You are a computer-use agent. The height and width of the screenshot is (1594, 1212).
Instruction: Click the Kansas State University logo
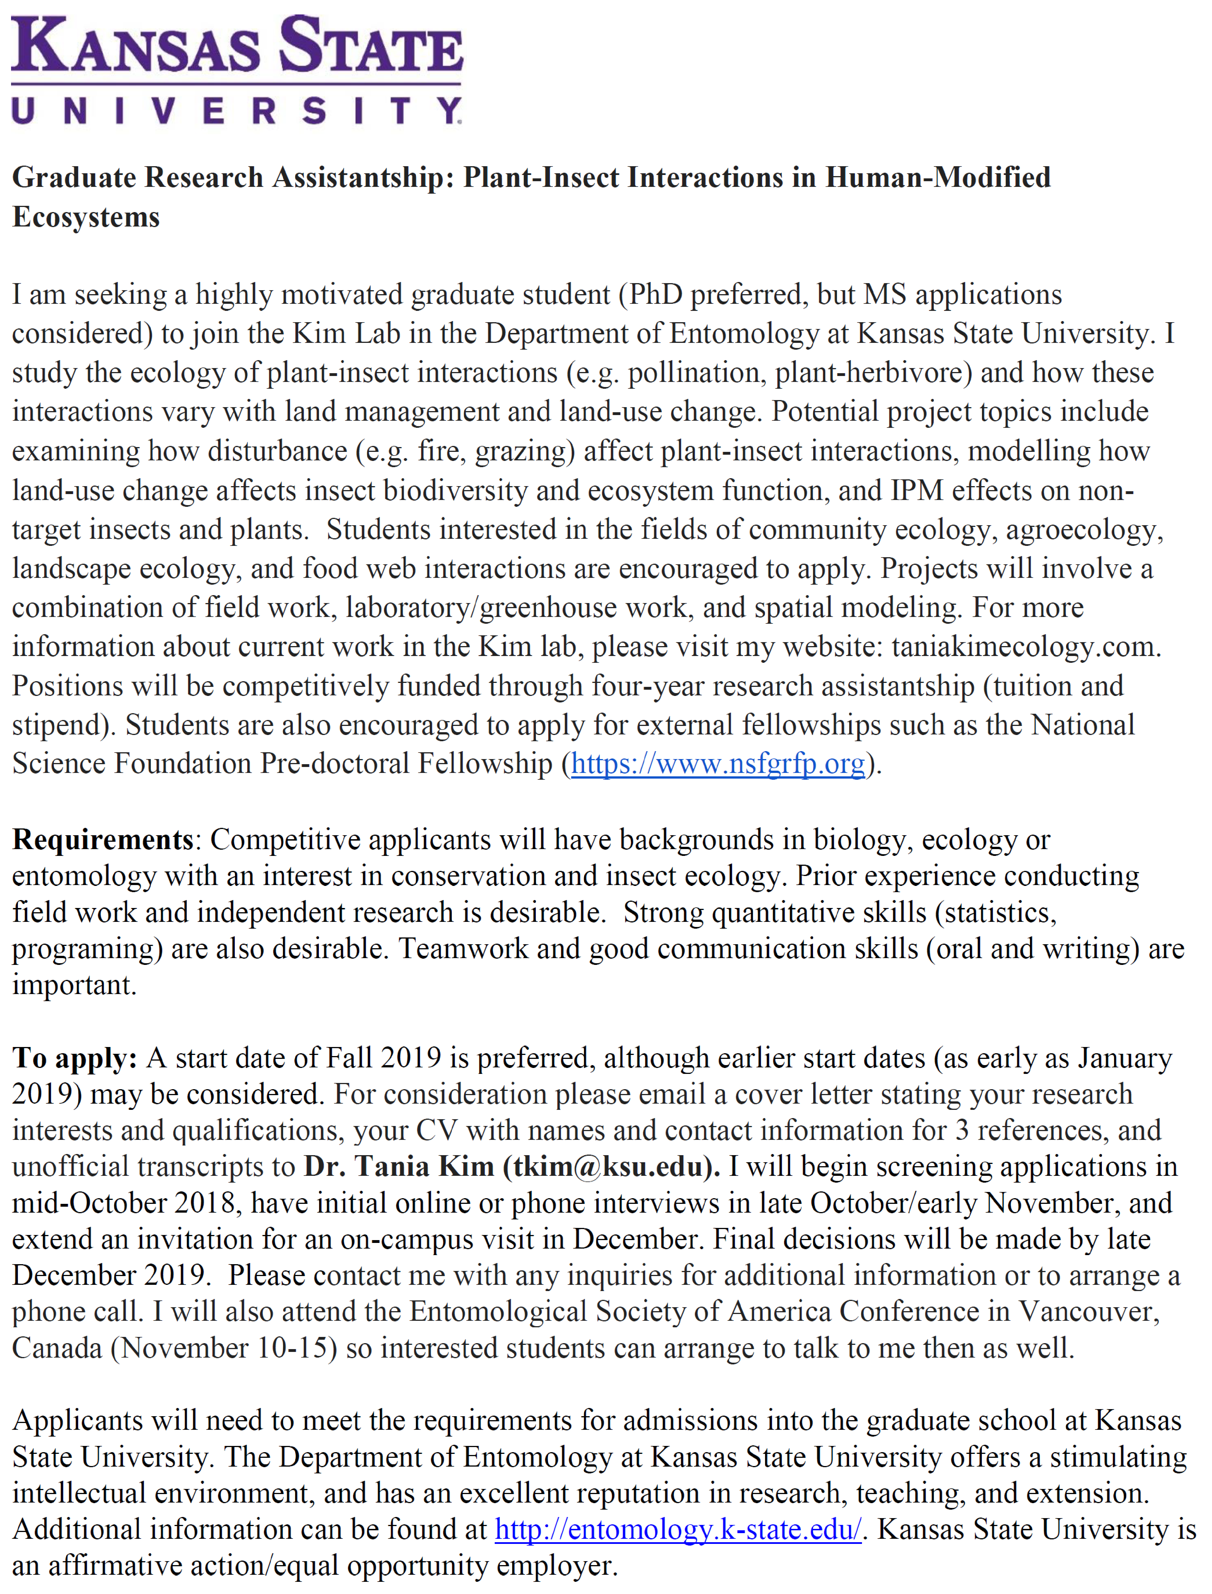tap(237, 70)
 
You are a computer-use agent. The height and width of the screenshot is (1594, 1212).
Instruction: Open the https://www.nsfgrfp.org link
tap(718, 763)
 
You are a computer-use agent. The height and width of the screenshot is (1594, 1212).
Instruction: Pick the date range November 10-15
tap(224, 1347)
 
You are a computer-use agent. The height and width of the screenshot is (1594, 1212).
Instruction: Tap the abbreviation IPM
tap(916, 490)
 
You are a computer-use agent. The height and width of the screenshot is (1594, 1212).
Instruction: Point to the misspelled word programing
tap(87, 949)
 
